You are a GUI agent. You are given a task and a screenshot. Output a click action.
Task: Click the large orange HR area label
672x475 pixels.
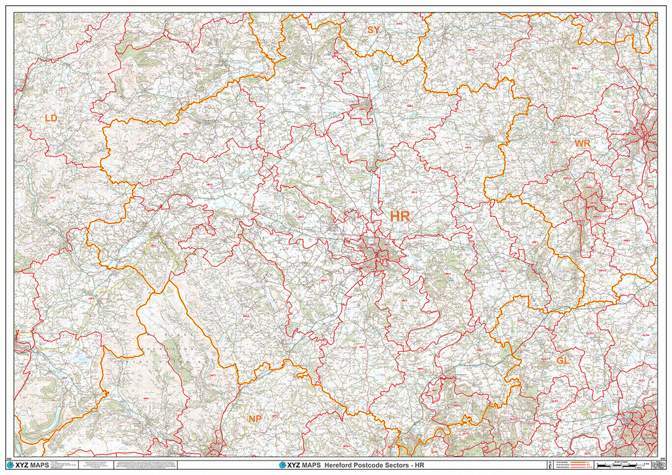point(400,217)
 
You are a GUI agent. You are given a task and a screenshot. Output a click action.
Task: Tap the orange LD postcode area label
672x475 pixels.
point(51,118)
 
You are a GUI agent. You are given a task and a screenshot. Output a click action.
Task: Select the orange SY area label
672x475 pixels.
point(373,30)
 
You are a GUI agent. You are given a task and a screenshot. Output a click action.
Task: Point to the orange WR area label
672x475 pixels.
point(582,143)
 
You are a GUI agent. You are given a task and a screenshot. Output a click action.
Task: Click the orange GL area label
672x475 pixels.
point(562,361)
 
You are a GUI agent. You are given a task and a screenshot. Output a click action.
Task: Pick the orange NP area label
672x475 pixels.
point(255,419)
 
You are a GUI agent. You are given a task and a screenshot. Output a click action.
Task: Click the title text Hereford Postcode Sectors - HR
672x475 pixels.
point(369,465)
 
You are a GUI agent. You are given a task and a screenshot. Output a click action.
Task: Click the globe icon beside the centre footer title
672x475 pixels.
point(283,465)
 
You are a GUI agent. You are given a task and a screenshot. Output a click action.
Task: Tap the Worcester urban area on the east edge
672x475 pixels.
point(646,138)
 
